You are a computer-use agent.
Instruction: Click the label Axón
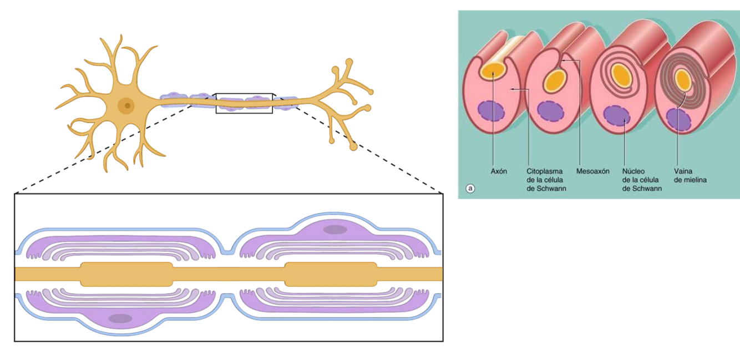pos(499,171)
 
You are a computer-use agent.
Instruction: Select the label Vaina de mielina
pos(690,176)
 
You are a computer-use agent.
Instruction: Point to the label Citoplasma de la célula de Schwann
pos(545,180)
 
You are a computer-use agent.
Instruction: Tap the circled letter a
pos(470,189)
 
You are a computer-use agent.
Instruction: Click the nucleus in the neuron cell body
pos(127,104)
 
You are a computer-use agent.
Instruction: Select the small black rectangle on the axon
pos(244,103)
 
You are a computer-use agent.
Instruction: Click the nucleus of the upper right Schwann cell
pos(335,229)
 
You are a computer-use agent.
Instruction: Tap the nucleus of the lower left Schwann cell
pos(120,318)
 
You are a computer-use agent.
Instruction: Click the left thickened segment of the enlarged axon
pos(127,274)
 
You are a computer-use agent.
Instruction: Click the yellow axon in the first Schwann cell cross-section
pos(491,71)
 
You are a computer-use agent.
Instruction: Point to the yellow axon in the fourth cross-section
pos(682,82)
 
